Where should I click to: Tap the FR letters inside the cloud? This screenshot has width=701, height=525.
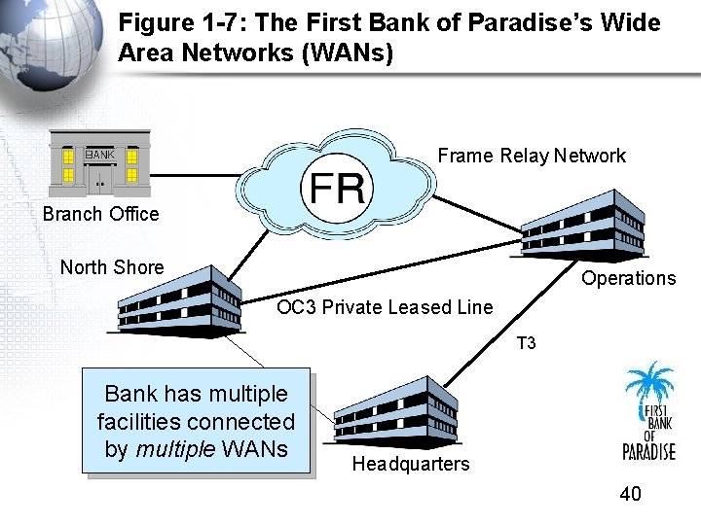click(337, 186)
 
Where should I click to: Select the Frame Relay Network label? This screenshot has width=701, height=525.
click(532, 156)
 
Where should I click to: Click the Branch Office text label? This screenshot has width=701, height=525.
click(100, 214)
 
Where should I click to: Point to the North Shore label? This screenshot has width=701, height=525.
click(112, 267)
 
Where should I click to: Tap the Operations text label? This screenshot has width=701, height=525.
click(628, 278)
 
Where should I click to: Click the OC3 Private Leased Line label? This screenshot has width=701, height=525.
click(385, 308)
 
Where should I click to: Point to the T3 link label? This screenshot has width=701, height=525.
click(526, 343)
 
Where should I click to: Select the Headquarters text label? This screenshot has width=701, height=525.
click(410, 464)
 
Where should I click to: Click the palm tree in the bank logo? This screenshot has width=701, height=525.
click(649, 385)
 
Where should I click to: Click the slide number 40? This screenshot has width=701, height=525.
click(630, 495)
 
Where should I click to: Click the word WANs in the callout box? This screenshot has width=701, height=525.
click(254, 449)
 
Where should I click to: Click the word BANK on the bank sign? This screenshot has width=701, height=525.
click(99, 155)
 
